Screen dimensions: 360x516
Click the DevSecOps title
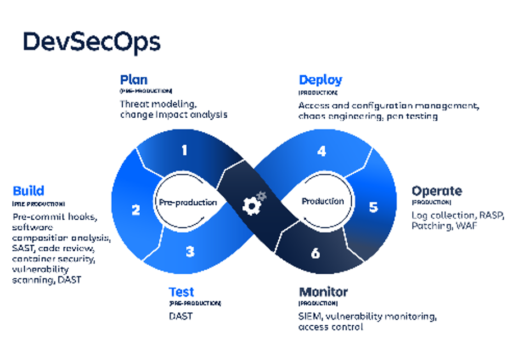tap(91, 42)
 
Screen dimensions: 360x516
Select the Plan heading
tap(133, 80)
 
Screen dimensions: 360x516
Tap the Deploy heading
tap(320, 80)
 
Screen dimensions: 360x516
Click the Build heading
tap(28, 191)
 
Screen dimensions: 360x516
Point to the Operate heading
tap(437, 191)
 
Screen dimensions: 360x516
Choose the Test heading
tap(181, 292)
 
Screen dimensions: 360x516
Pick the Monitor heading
tap(323, 292)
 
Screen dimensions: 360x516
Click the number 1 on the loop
tap(185, 150)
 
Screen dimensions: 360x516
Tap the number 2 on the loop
tap(136, 211)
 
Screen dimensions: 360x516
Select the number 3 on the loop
tap(190, 252)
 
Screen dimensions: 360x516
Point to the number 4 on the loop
tap(321, 151)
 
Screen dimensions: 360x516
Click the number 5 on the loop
tap(374, 207)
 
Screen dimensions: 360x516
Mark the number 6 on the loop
tap(315, 253)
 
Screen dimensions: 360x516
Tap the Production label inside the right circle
tap(322, 201)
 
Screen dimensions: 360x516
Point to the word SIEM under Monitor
tap(310, 316)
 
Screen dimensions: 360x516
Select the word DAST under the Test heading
tap(181, 316)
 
